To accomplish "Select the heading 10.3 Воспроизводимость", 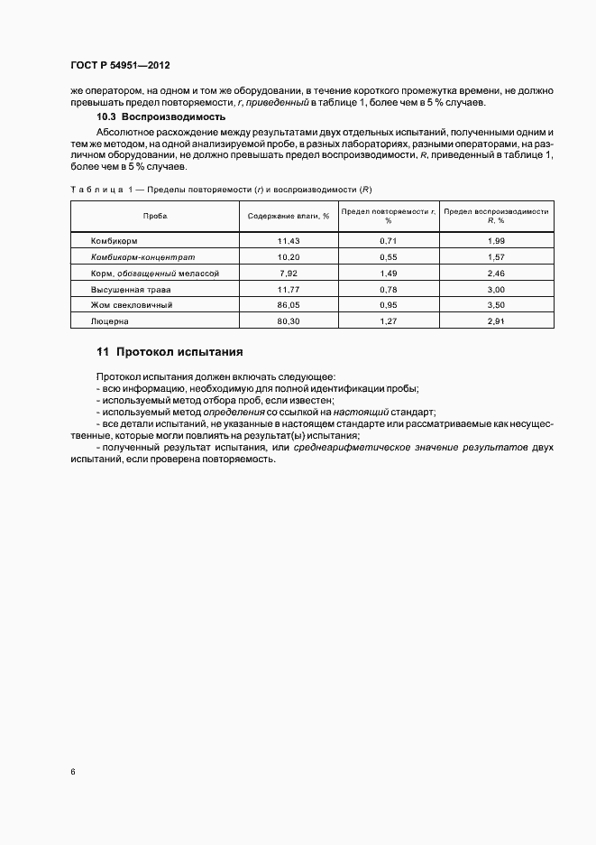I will (x=160, y=117).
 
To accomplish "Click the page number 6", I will (x=72, y=772).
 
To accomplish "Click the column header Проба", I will (x=154, y=217).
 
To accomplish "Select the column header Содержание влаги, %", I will (x=289, y=217).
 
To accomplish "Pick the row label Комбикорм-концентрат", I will (x=142, y=256).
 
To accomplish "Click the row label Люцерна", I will (x=110, y=320).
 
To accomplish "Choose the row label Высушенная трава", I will (x=131, y=289).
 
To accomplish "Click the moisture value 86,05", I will (x=289, y=304).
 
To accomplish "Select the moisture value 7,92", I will (x=289, y=273).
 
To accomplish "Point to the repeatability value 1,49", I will (x=390, y=273).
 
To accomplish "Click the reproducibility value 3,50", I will (x=496, y=304).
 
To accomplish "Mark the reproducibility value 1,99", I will (x=496, y=241).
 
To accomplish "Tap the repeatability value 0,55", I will (x=390, y=256).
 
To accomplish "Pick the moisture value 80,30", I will (x=289, y=320).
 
